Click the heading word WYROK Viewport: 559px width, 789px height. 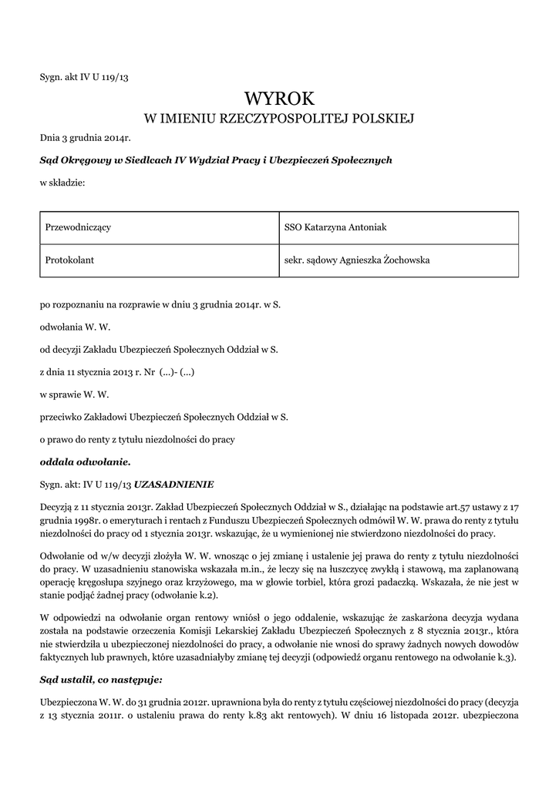pyautogui.click(x=279, y=98)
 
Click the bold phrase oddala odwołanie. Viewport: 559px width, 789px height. pyautogui.click(x=86, y=462)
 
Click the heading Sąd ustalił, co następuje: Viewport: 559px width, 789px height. pyautogui.click(x=101, y=680)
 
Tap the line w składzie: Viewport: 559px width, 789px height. pyautogui.click(x=62, y=183)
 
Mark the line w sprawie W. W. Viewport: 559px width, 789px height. pyautogui.click(x=75, y=394)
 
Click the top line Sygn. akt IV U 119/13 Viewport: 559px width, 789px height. pyautogui.click(x=89, y=76)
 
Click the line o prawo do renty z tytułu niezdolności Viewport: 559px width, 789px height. pyautogui.click(x=137, y=439)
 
